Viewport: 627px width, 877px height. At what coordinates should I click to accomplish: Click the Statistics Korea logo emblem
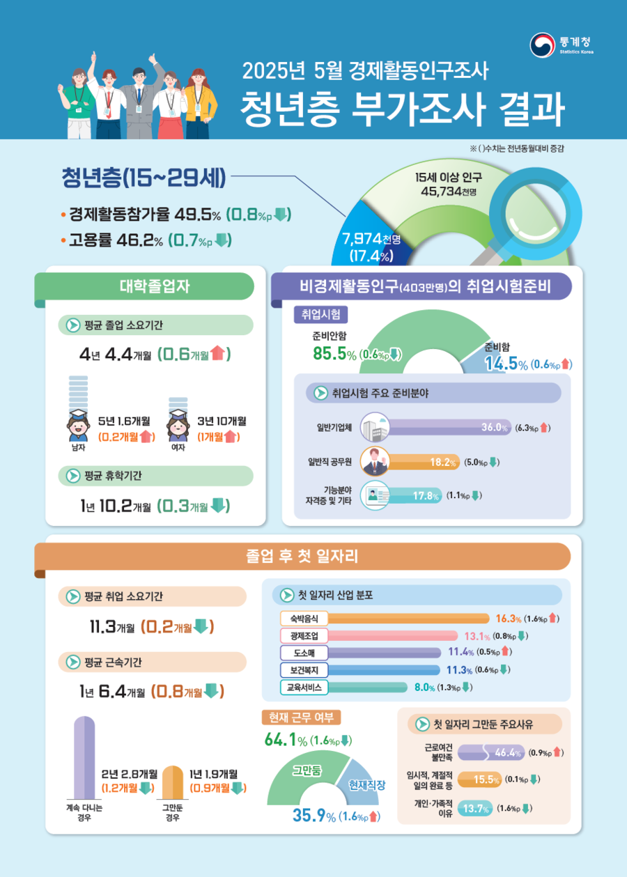tap(543, 46)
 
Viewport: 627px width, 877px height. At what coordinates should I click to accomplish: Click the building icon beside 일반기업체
tap(374, 427)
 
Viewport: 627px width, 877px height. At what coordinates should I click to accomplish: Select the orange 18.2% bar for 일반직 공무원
tap(425, 462)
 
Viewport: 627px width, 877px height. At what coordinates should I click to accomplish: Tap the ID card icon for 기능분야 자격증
tap(374, 496)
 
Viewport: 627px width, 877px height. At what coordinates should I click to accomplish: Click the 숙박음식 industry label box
tap(302, 618)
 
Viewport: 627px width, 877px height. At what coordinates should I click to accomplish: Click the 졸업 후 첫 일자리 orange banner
tap(302, 556)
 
